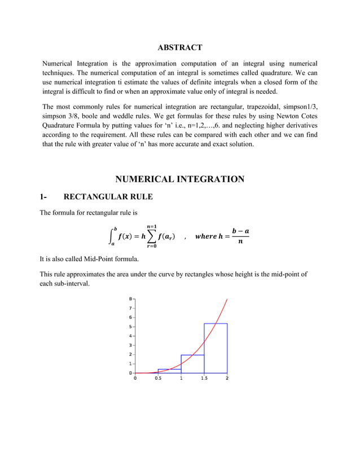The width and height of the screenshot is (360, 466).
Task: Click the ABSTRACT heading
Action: pos(179,47)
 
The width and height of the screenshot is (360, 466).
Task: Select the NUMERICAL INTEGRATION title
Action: pos(179,179)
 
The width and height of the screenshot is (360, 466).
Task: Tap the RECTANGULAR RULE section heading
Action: pos(108,197)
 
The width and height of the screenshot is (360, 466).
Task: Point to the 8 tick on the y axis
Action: pos(130,299)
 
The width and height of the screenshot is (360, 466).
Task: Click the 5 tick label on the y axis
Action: pos(130,327)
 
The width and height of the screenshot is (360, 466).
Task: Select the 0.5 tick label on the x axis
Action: pos(158,379)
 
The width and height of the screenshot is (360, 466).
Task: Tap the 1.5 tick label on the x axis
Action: pos(204,379)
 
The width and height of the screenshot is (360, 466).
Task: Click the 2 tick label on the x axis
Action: pos(227,379)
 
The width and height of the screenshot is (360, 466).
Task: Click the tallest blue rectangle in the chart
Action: pos(216,348)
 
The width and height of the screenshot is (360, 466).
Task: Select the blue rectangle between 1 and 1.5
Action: pos(192,364)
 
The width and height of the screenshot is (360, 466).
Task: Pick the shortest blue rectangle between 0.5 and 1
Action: pos(169,371)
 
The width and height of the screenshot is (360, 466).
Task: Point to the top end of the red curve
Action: pos(227,300)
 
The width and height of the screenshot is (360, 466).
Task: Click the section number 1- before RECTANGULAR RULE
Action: pos(43,197)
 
